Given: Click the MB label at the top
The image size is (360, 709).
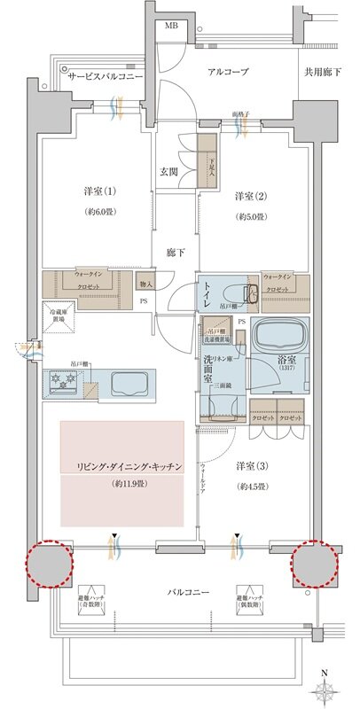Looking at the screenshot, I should [171, 26].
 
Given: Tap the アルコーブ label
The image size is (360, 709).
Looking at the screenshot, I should [228, 72].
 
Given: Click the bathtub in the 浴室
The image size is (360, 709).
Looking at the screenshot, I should [279, 337].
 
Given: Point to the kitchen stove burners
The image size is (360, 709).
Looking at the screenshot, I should [65, 384].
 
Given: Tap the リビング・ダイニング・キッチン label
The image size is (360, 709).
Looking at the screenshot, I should [122, 466].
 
